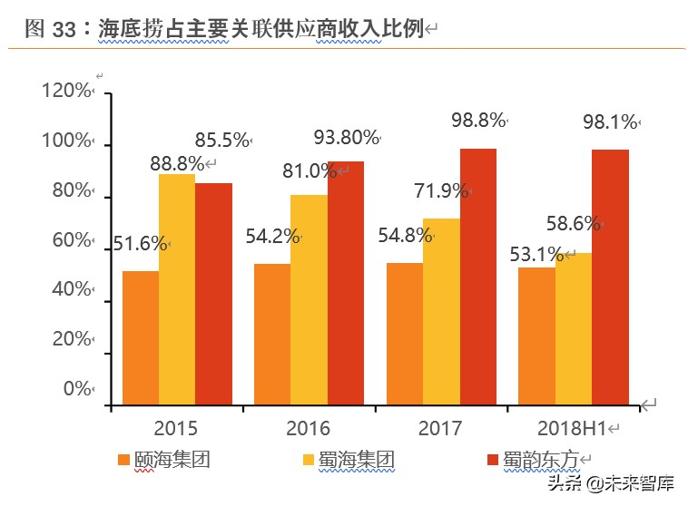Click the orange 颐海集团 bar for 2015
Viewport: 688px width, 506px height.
pos(140,337)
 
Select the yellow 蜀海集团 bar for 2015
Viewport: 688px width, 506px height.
pos(177,289)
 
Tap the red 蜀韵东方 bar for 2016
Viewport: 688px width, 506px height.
pos(346,283)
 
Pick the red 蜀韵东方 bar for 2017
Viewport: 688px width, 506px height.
pos(478,277)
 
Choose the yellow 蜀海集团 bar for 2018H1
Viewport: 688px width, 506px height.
pos(573,328)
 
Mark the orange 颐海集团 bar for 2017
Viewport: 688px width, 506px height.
pos(404,334)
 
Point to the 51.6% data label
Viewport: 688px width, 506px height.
pos(139,243)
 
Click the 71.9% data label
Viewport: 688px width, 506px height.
pos(441,190)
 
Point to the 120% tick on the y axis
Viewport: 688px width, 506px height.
pos(66,91)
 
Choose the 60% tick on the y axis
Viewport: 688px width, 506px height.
pos(70,240)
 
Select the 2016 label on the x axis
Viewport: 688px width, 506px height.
pos(309,428)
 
